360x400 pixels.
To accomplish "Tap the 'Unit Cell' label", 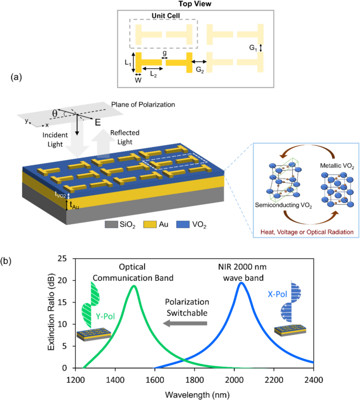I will [x=156, y=16].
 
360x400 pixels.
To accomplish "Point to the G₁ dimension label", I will [x=253, y=48].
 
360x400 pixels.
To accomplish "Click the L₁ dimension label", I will [x=128, y=62].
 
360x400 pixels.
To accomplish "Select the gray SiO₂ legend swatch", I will [x=111, y=225].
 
